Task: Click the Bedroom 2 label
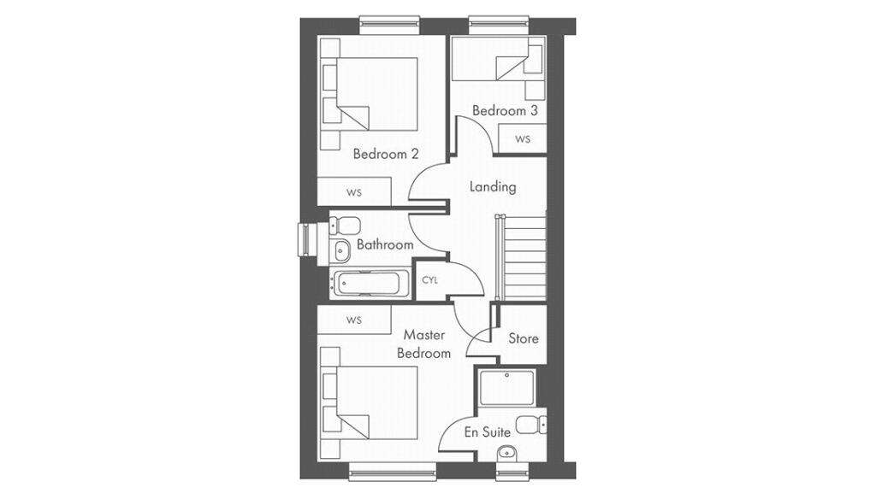[386, 153]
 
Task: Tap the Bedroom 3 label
[505, 110]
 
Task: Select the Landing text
[492, 187]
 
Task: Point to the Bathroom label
[385, 244]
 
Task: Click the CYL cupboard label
[429, 280]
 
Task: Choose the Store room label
[524, 338]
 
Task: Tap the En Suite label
[487, 432]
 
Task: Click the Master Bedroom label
[424, 344]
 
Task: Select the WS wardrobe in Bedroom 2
[354, 192]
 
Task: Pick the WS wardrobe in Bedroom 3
[523, 139]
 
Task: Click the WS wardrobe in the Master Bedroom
[354, 320]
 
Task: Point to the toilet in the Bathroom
[345, 226]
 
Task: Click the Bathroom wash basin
[339, 252]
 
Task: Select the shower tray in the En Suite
[506, 386]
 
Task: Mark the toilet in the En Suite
[530, 425]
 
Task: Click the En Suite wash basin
[506, 453]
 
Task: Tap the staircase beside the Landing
[521, 258]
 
